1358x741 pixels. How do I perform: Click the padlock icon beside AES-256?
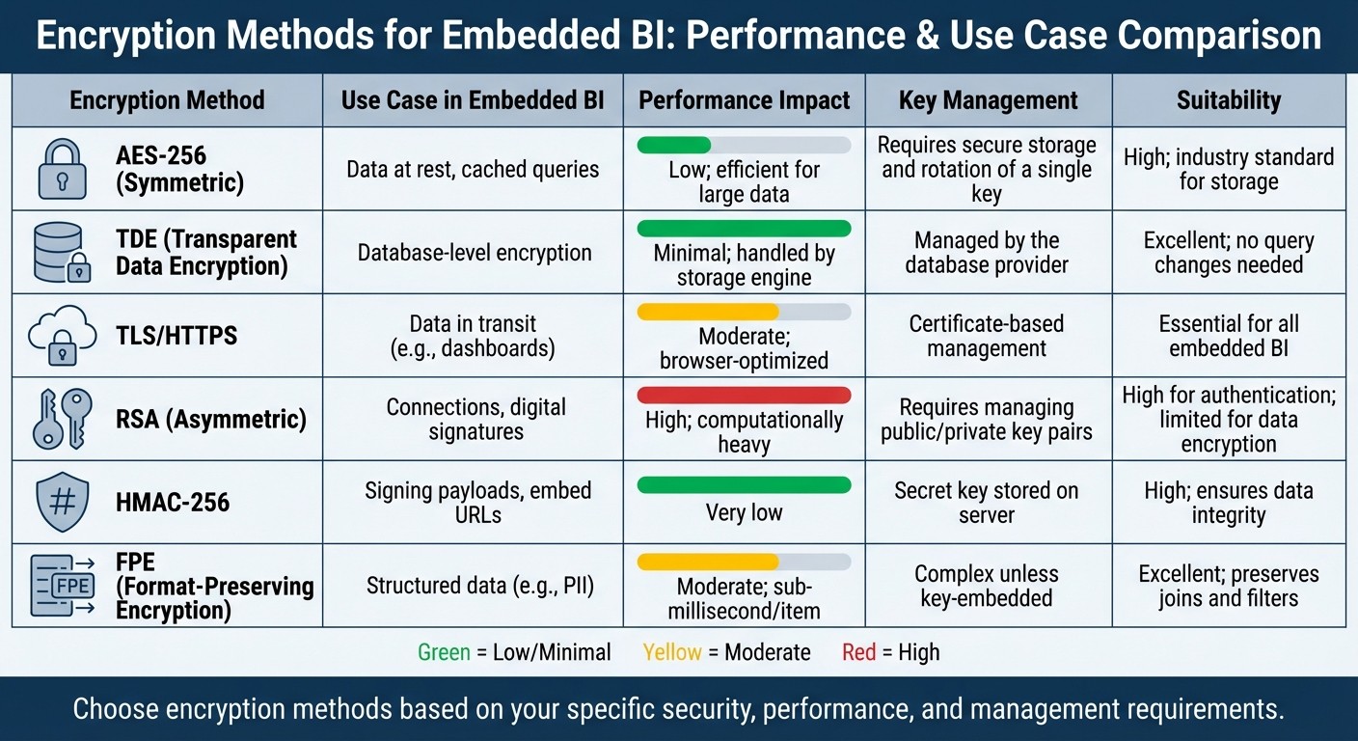click(62, 169)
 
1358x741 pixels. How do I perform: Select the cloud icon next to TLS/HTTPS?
click(62, 336)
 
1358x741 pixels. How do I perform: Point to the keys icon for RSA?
click(62, 419)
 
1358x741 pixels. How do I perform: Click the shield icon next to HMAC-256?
click(62, 502)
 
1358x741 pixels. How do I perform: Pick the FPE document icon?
click(62, 585)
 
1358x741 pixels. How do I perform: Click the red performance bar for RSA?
click(744, 395)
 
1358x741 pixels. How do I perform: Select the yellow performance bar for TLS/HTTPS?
click(708, 312)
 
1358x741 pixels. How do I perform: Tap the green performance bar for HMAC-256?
click(744, 484)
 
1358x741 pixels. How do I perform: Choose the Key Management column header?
click(988, 100)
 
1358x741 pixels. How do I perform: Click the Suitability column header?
click(1229, 100)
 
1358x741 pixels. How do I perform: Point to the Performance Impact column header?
click(744, 100)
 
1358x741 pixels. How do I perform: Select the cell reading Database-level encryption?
click(475, 253)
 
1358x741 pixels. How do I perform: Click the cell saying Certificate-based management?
click(987, 336)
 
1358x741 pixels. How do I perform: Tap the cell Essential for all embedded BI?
click(1229, 336)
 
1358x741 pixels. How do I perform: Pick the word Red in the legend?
click(858, 652)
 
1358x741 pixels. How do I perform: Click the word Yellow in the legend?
click(672, 652)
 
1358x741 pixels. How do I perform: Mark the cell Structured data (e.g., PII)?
click(475, 585)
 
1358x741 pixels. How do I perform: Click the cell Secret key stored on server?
click(987, 502)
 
